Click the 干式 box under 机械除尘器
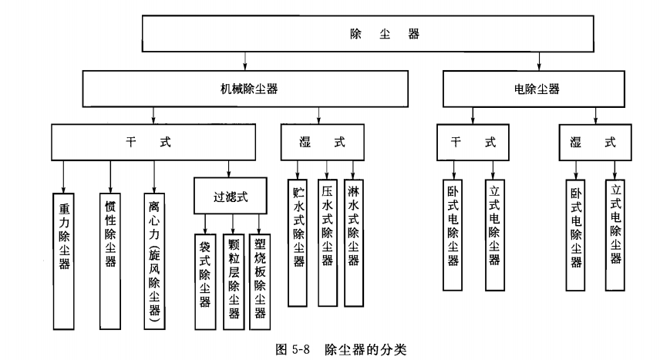(153, 143)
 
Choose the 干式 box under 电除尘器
(473, 143)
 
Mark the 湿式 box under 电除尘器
(593, 143)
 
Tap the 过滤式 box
(229, 195)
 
